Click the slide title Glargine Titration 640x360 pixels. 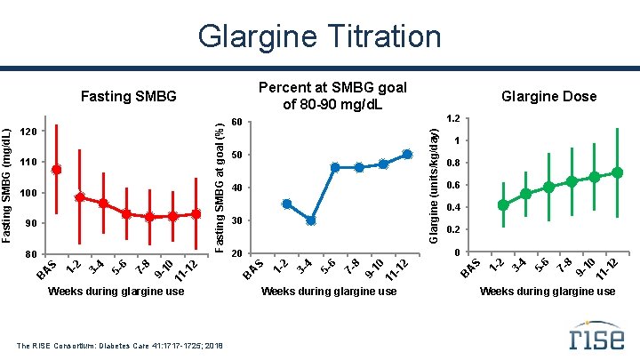(319, 36)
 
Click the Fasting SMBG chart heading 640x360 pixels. (129, 95)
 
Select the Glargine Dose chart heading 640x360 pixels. (548, 96)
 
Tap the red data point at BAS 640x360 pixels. (57, 169)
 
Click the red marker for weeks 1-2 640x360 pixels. (80, 197)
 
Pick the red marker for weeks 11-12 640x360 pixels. (196, 214)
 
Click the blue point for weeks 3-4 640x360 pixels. (310, 220)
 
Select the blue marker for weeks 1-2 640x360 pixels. (286, 204)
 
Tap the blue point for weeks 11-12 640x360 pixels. (407, 154)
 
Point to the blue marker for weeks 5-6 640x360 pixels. (335, 167)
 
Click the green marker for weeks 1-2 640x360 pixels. (503, 204)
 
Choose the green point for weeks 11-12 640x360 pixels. (617, 172)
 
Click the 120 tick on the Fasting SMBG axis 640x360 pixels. (29, 132)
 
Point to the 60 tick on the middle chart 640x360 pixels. (236, 122)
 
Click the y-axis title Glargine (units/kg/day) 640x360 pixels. (433, 183)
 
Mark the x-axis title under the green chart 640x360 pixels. (548, 291)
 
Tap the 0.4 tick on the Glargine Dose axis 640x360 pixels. (452, 208)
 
